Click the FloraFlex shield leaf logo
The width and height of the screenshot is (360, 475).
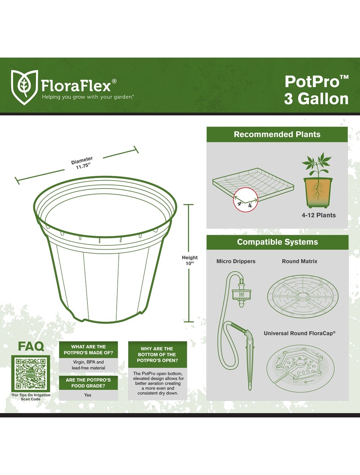pos(24,87)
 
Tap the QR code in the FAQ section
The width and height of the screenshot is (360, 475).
pos(31,373)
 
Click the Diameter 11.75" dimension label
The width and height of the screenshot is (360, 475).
pos(82,163)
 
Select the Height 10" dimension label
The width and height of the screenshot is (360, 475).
pos(190,260)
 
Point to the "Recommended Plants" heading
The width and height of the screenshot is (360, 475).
pos(277,134)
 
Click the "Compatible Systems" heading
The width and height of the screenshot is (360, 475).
pos(277,242)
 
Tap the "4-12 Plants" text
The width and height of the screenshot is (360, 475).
pos(319,215)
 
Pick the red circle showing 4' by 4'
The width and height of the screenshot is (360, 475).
pos(246,200)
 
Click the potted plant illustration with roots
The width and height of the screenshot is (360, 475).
pos(318,180)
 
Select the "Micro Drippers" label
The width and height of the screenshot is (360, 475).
pos(236,261)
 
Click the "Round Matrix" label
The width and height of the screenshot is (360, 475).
pos(300,261)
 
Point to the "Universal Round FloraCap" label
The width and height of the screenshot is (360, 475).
pos(300,333)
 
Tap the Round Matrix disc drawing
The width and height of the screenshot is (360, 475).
pos(303,297)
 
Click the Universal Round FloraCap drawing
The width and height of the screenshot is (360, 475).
pos(301,368)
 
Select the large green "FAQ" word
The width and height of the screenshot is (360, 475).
pos(31,346)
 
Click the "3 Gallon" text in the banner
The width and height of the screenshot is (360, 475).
pos(316,99)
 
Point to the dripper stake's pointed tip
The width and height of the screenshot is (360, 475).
pos(250,390)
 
